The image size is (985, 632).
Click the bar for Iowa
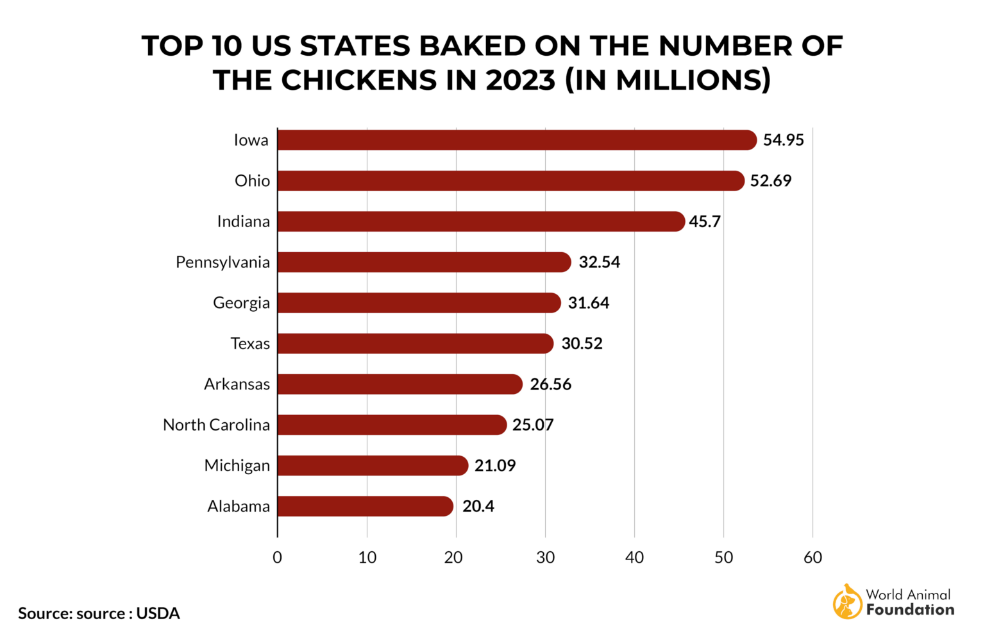(x=516, y=140)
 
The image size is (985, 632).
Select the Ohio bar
(x=510, y=181)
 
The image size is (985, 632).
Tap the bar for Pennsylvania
(x=423, y=262)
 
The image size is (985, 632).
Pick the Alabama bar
(x=365, y=506)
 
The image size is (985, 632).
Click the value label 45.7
(x=705, y=221)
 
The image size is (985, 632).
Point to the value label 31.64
(x=588, y=303)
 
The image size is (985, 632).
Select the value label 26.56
(x=550, y=384)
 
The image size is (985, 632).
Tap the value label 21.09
(x=494, y=466)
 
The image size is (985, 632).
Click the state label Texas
(x=250, y=344)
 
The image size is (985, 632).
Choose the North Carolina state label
(x=216, y=425)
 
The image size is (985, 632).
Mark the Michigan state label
(x=237, y=466)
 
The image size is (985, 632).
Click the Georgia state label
(x=241, y=303)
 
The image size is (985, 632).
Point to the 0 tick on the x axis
(x=277, y=558)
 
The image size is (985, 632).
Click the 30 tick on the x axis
(x=545, y=558)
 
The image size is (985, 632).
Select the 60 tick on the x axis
(x=812, y=558)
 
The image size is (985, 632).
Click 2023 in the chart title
(x=520, y=80)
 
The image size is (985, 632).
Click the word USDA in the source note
(x=158, y=613)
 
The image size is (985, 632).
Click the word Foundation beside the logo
(x=910, y=610)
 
